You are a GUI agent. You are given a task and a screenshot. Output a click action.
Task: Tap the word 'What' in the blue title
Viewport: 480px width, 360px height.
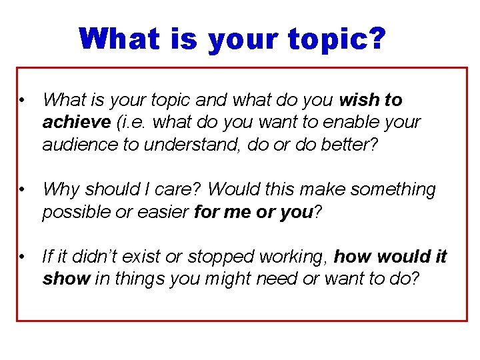(x=119, y=39)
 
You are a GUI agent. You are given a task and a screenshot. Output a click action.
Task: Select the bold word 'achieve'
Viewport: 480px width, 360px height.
(x=76, y=123)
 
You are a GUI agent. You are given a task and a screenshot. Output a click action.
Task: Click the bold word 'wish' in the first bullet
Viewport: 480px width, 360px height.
(x=359, y=100)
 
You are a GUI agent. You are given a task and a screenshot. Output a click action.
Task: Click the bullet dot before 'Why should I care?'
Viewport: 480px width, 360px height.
(x=22, y=190)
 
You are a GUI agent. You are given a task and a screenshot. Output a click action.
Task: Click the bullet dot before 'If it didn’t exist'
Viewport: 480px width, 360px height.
(x=22, y=257)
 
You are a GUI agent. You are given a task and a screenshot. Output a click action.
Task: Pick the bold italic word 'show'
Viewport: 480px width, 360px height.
(x=65, y=279)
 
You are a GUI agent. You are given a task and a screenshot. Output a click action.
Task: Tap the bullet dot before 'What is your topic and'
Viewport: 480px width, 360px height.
(x=22, y=101)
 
